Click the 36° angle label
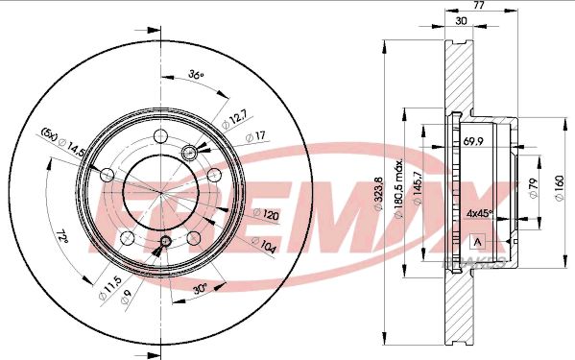point(196,75)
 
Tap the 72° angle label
point(62,237)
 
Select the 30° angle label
point(201,290)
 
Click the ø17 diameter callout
point(255,136)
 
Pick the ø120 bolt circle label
point(266,214)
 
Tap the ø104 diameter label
point(263,245)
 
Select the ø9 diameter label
point(126,297)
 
